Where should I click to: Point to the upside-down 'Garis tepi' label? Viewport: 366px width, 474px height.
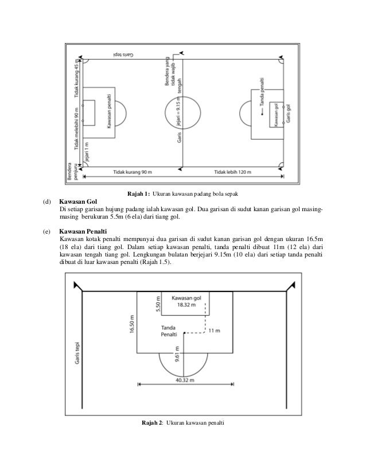click(120, 55)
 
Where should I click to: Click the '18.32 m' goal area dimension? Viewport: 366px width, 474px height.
click(185, 306)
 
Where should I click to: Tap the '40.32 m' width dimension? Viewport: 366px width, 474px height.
click(185, 379)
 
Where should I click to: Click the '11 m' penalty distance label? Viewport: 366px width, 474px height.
click(214, 331)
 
